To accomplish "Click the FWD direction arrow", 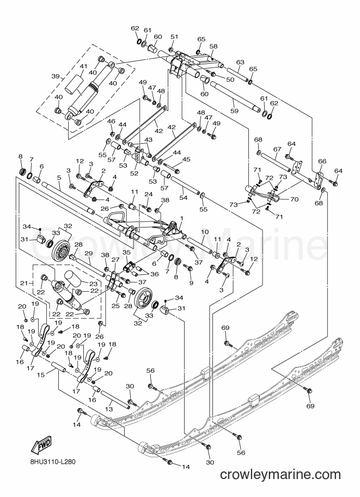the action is (41, 446).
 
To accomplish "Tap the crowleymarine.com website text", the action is (280, 475).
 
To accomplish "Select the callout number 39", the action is (56, 77).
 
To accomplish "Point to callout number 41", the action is (83, 66).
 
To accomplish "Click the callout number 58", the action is (213, 46).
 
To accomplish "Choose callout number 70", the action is (294, 200).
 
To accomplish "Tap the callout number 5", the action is (59, 178).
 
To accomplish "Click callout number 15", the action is (41, 375).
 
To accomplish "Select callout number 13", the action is (109, 409).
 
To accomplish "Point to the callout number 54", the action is (184, 198).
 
